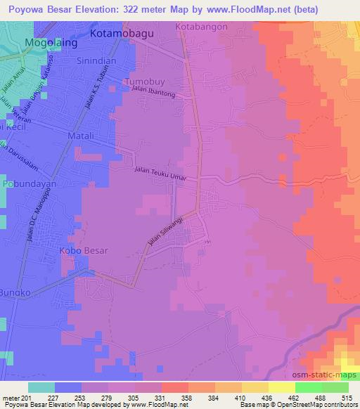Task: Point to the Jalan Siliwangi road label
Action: point(167,229)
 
